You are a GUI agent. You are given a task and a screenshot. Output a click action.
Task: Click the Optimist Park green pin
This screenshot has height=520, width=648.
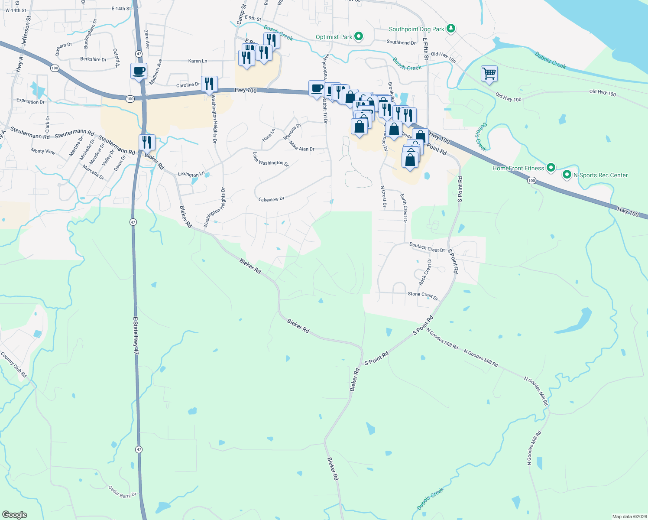[359, 36]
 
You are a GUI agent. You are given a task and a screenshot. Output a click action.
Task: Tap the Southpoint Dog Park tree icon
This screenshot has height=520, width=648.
[451, 29]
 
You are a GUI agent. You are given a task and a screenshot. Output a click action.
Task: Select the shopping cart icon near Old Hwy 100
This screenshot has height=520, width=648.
[489, 74]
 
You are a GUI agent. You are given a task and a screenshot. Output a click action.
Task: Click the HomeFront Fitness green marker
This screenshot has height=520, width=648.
[551, 168]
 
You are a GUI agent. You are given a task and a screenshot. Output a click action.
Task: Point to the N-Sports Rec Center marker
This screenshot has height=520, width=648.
[567, 175]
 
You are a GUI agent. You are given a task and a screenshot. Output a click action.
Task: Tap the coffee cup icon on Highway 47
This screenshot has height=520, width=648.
[139, 71]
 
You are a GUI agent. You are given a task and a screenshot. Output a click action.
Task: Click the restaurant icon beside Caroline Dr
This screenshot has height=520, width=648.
[209, 84]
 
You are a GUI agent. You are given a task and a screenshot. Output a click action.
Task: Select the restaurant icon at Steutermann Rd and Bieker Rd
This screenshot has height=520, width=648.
[147, 142]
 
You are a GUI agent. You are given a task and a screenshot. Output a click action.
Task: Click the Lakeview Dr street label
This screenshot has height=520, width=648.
[271, 199]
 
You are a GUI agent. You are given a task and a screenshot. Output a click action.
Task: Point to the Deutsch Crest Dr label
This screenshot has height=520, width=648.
[427, 247]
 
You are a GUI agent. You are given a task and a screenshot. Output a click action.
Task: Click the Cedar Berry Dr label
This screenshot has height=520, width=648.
[122, 492]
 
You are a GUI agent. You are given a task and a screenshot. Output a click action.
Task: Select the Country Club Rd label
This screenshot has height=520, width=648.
[13, 364]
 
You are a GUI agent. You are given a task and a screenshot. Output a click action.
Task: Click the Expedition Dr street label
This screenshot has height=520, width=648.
[30, 101]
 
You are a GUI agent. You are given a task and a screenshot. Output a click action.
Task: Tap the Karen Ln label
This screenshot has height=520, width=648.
[198, 61]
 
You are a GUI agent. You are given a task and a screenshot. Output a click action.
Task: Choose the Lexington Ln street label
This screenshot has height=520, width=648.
[191, 174]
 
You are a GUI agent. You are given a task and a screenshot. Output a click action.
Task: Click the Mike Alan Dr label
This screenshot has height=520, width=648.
[302, 146]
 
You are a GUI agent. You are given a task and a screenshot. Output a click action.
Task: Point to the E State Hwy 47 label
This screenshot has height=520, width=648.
[136, 338]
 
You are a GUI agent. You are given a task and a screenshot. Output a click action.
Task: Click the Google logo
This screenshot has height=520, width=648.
[15, 514]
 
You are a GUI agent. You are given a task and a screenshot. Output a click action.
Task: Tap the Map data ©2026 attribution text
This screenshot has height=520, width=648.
[629, 517]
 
